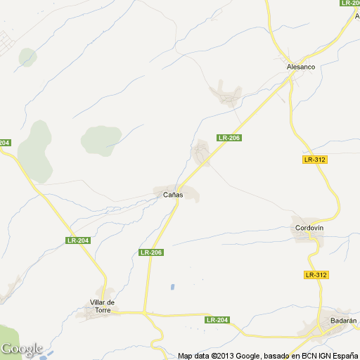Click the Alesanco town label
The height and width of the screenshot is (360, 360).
[301, 67]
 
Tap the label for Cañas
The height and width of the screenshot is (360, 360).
[173, 194]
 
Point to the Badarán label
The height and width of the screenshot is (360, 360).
[333, 321]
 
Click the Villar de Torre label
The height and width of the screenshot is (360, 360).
[103, 306]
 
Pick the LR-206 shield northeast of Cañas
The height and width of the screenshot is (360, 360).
[229, 138]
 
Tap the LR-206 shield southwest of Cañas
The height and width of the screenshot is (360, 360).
[151, 252]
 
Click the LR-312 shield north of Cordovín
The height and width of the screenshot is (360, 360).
[316, 160]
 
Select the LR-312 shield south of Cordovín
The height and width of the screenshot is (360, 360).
[317, 274]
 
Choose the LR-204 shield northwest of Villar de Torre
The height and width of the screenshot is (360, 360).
[77, 240]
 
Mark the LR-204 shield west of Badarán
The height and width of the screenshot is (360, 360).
[218, 320]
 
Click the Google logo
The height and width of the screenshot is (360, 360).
[21, 349]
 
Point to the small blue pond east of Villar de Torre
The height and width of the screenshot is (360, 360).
[171, 287]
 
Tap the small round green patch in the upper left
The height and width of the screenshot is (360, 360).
[28, 56]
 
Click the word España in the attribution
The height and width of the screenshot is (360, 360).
[343, 356]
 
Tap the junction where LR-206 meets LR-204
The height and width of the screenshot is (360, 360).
[146, 311]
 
